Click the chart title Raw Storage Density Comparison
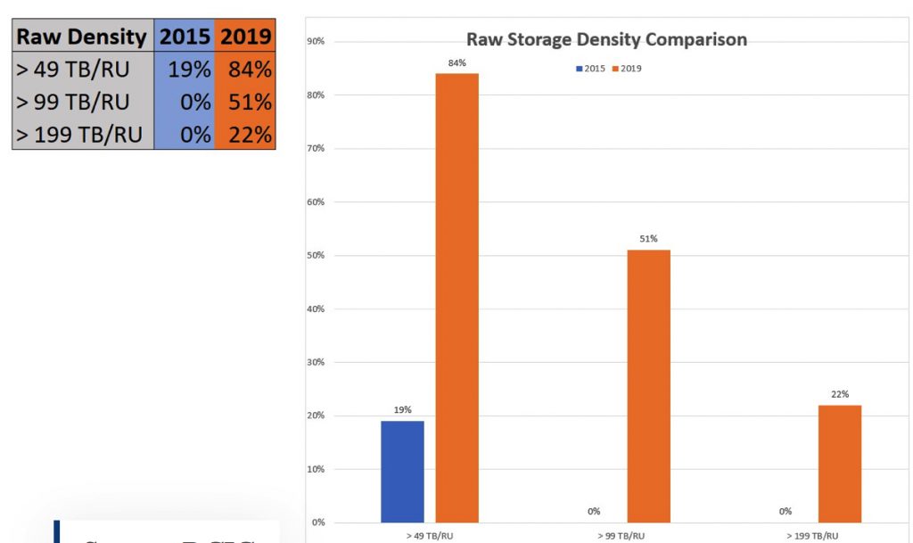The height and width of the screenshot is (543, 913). (606, 40)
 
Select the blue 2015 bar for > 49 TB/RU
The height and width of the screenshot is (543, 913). (402, 471)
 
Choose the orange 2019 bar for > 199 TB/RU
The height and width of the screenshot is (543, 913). (840, 464)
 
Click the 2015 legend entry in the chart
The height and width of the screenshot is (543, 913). (589, 69)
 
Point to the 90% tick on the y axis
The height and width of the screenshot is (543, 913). (316, 42)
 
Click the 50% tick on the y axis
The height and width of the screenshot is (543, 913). (316, 256)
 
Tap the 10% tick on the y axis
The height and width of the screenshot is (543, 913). (316, 469)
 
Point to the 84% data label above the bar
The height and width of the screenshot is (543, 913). (456, 62)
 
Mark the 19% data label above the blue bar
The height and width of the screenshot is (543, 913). (402, 410)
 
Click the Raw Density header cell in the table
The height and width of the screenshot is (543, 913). (82, 37)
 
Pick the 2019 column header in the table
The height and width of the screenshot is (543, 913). (244, 37)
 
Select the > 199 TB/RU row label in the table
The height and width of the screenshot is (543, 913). (82, 135)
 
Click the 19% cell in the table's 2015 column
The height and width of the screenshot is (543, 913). (185, 70)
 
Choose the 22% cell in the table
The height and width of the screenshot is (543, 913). (244, 135)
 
